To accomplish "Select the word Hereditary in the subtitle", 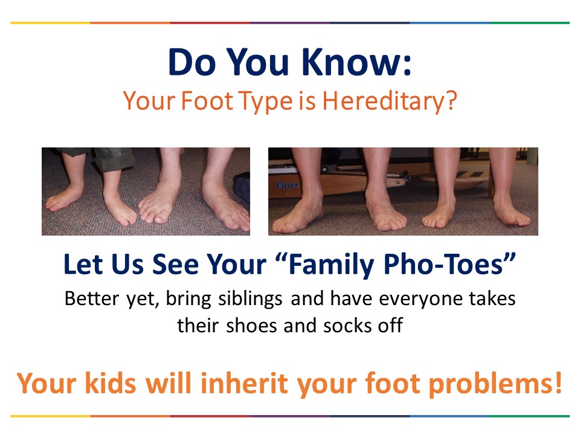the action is [383, 101].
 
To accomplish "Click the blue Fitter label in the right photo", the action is [287, 185].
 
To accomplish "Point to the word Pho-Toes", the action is [449, 264].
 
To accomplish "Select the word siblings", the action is [250, 299].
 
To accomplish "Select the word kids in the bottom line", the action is [111, 383].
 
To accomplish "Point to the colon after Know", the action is [407, 65].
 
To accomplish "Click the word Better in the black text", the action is [92, 298].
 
